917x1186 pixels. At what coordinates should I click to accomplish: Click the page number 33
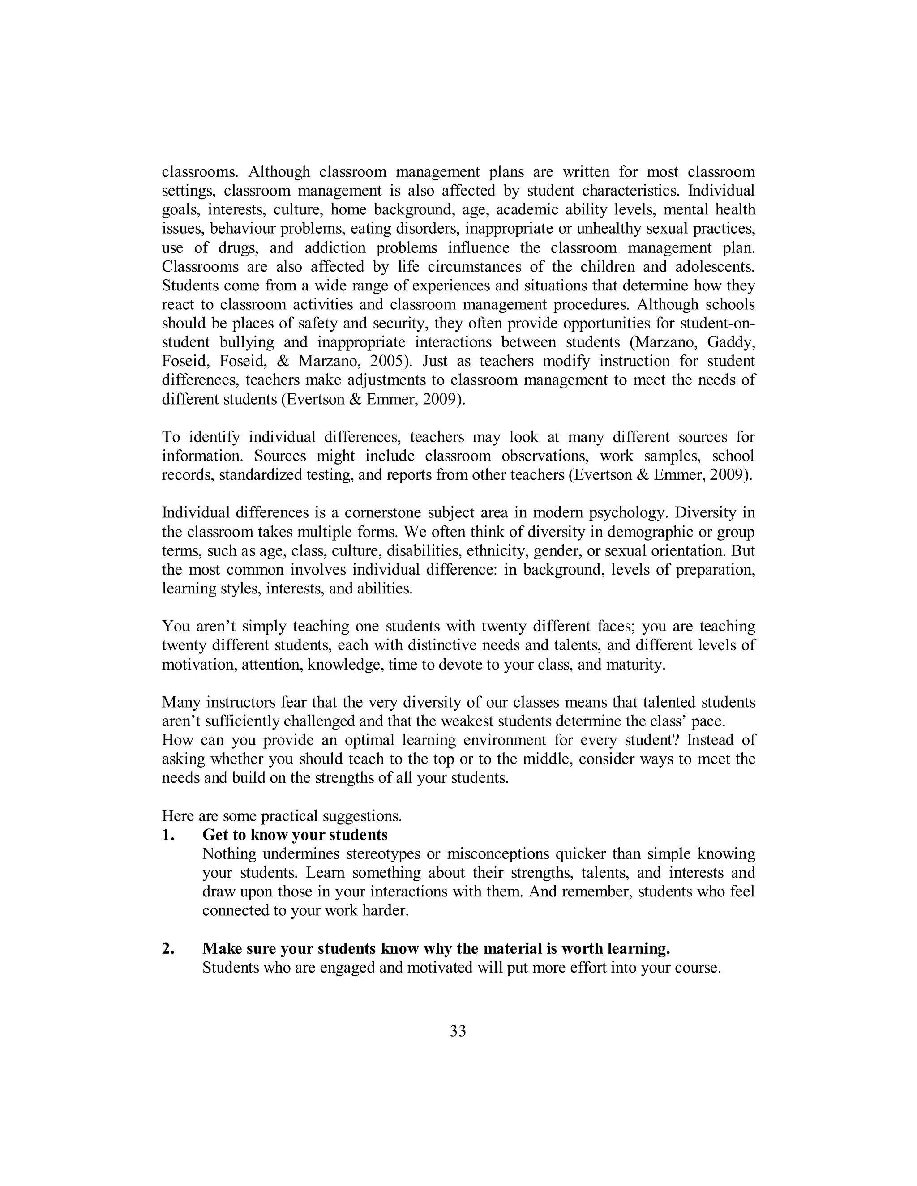pos(458,1031)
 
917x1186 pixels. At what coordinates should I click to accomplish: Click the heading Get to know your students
pos(295,835)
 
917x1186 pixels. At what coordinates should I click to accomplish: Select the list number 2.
pos(168,948)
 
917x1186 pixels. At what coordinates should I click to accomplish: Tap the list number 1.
pos(168,835)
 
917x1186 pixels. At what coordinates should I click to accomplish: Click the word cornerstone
pos(381,512)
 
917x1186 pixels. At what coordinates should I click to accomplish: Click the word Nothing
pos(229,853)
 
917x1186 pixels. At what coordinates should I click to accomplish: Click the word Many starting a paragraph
pos(181,702)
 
